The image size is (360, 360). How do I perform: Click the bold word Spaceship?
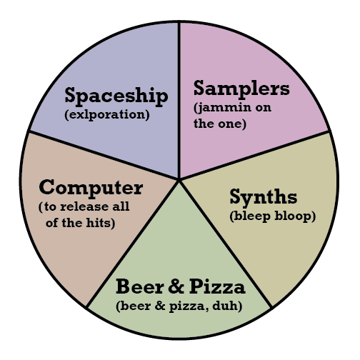(116, 96)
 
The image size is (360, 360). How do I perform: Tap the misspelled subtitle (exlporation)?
(107, 115)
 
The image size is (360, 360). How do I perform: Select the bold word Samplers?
(241, 89)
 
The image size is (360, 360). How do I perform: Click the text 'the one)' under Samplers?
(220, 124)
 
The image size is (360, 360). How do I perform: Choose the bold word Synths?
(264, 197)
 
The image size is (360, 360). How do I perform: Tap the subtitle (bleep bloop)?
(273, 216)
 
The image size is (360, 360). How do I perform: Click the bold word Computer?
(91, 188)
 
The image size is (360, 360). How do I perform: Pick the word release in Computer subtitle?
(83, 206)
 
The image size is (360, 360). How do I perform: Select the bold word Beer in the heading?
(139, 286)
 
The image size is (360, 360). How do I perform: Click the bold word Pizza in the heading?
(217, 286)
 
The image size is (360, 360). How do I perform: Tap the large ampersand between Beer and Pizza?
(176, 286)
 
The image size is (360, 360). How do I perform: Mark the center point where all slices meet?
(179, 179)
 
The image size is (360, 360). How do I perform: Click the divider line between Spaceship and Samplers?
(179, 100)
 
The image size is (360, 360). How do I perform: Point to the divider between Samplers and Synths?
(254, 155)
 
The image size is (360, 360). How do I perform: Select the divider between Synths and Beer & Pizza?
(226, 244)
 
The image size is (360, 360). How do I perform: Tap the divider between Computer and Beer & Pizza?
(132, 244)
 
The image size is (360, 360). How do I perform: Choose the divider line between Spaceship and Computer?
(104, 155)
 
